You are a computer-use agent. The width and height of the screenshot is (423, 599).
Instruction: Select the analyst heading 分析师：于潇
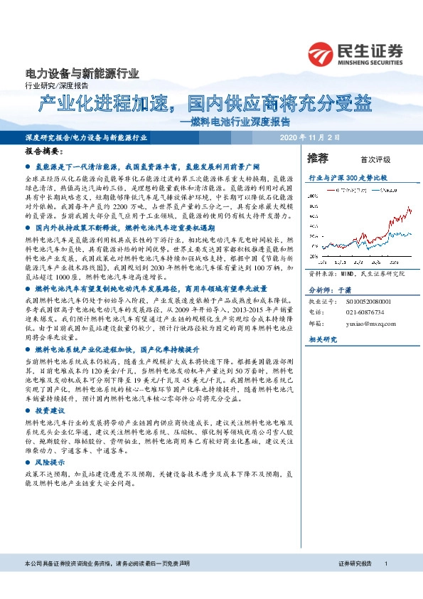point(328,290)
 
